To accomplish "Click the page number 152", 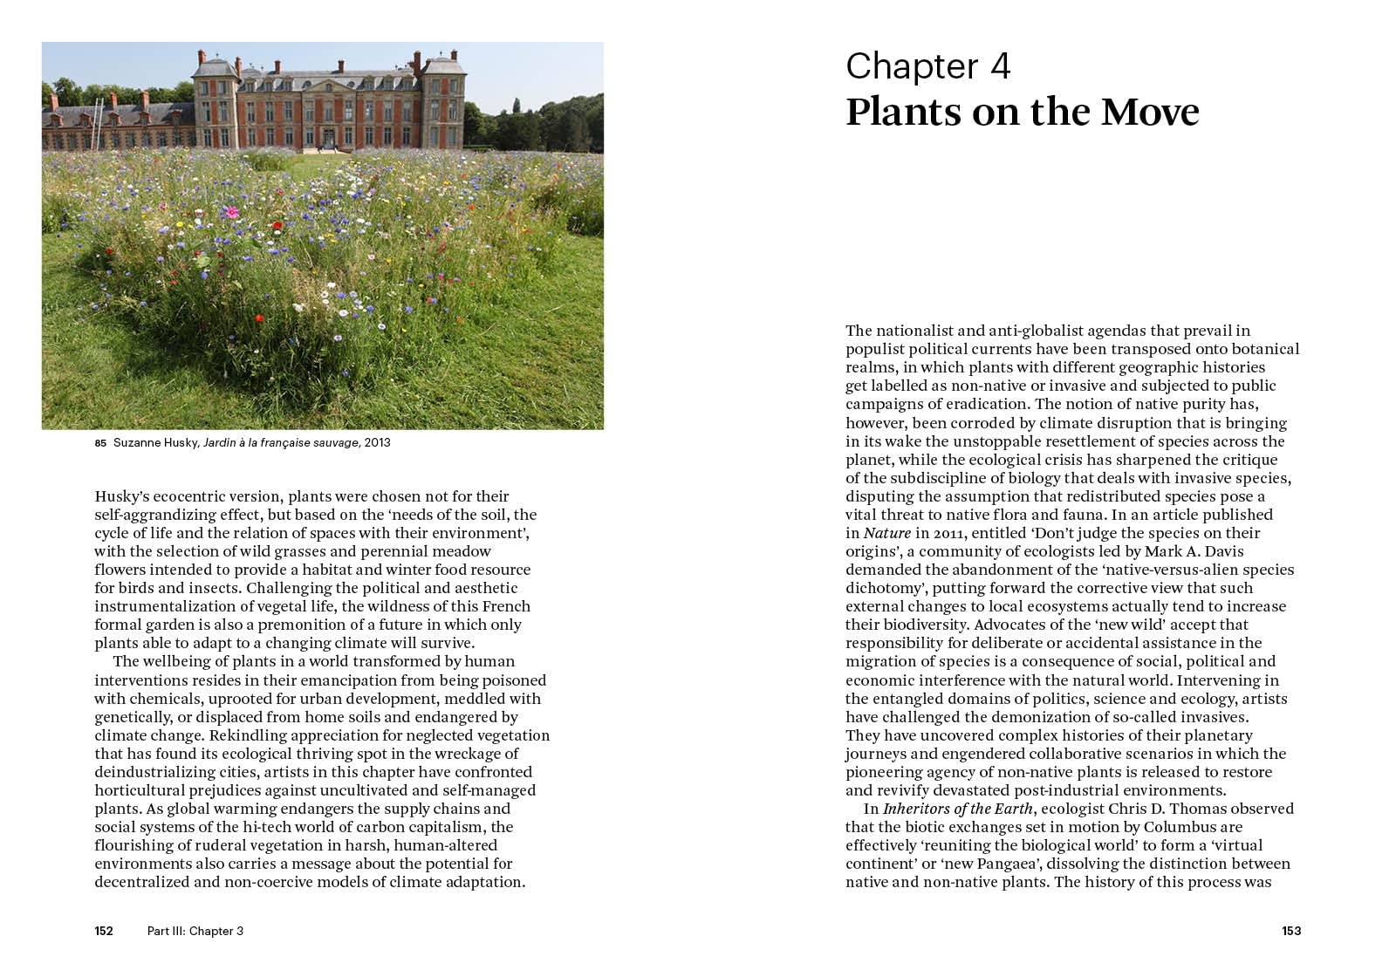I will pos(104,931).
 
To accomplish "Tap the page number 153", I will pos(1291,931).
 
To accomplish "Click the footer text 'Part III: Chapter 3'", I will pos(195,931).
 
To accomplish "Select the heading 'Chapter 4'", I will pos(927,66).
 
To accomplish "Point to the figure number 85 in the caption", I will pos(100,443).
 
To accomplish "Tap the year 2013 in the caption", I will pos(378,442).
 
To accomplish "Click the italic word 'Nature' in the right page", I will pos(887,533).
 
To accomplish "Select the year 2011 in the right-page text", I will pos(948,533).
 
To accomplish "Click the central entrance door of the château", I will pos(329,139).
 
